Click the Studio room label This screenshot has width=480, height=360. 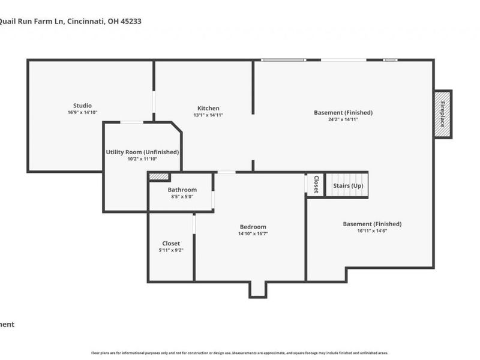tap(83, 106)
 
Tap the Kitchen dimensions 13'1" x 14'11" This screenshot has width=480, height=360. tap(208, 115)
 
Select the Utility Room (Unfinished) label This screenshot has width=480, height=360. tap(142, 152)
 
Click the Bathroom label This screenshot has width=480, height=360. tap(182, 190)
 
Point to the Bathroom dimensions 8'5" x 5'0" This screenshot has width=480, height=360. tap(182, 196)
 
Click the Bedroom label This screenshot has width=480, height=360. tap(253, 227)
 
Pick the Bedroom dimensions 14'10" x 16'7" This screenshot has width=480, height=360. tap(253, 234)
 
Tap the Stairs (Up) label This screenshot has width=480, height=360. tap(348, 185)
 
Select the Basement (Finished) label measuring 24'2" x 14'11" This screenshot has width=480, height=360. tap(343, 112)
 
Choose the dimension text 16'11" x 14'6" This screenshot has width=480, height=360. tap(372, 230)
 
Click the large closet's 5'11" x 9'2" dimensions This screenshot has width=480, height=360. tap(171, 250)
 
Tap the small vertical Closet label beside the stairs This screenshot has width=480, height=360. tap(316, 185)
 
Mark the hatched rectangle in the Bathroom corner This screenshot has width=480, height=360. tap(159, 177)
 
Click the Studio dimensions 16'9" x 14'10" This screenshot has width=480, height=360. tap(83, 112)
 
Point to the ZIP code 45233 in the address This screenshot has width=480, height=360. tap(131, 21)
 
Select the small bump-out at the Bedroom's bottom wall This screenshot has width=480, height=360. tap(258, 289)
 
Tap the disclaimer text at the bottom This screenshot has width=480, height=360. tap(239, 353)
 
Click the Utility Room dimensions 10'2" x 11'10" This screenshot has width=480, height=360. tap(142, 159)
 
